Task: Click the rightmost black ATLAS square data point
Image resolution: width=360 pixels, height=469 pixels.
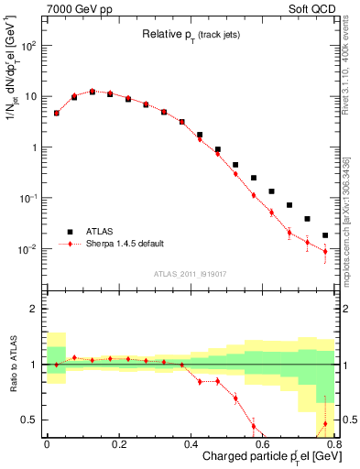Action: pyautogui.click(x=325, y=235)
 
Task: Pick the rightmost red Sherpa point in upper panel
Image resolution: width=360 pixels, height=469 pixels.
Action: pyautogui.click(x=325, y=251)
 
